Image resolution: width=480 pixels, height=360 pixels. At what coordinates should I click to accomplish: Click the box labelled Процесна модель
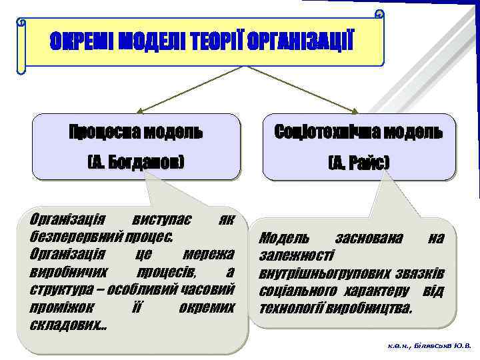136,131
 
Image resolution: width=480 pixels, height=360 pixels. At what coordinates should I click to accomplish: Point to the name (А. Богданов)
136,163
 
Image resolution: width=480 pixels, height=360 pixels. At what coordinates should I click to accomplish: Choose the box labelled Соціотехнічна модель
359,131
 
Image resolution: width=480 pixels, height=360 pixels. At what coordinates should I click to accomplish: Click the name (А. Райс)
359,163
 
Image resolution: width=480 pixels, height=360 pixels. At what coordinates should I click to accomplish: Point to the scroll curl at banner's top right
379,14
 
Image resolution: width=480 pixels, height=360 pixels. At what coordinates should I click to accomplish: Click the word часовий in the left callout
212,291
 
